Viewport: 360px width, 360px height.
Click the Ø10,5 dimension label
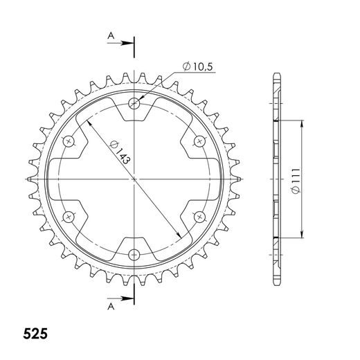[197, 66]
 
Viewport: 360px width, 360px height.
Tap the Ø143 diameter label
[120, 152]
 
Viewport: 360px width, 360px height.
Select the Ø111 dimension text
[296, 181]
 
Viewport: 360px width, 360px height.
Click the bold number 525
[35, 334]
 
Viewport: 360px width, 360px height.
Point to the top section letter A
[111, 36]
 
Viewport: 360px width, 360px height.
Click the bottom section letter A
[111, 307]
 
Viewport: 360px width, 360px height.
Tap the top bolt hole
[134, 103]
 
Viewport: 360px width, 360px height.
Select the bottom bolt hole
[134, 255]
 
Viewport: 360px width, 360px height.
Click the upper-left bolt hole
[69, 141]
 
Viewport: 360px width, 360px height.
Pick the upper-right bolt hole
[199, 141]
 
